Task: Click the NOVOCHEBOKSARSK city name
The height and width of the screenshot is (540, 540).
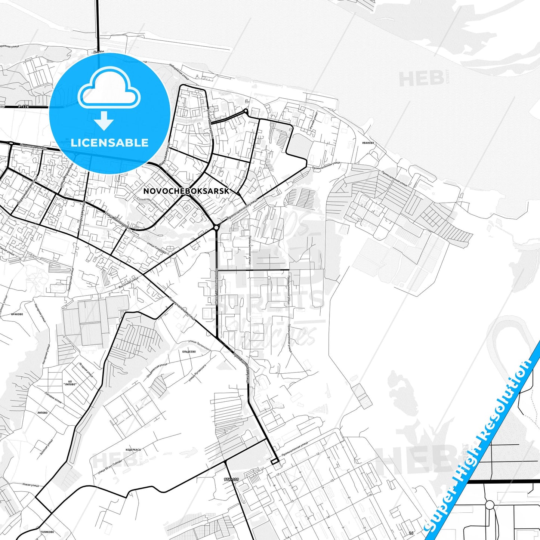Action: pyautogui.click(x=186, y=191)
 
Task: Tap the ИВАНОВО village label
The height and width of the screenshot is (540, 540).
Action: pyautogui.click(x=368, y=143)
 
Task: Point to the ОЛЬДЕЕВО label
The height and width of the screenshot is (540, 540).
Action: pyautogui.click(x=189, y=352)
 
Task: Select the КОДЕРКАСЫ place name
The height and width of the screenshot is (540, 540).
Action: pyautogui.click(x=133, y=450)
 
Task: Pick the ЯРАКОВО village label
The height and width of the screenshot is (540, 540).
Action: pyautogui.click(x=17, y=314)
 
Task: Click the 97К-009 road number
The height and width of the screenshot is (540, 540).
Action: pyautogui.click(x=231, y=479)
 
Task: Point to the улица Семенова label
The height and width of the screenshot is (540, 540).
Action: pyautogui.click(x=156, y=249)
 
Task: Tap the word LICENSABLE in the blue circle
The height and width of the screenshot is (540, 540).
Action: pyautogui.click(x=109, y=143)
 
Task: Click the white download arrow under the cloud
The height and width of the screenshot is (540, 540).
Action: pyautogui.click(x=104, y=120)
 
